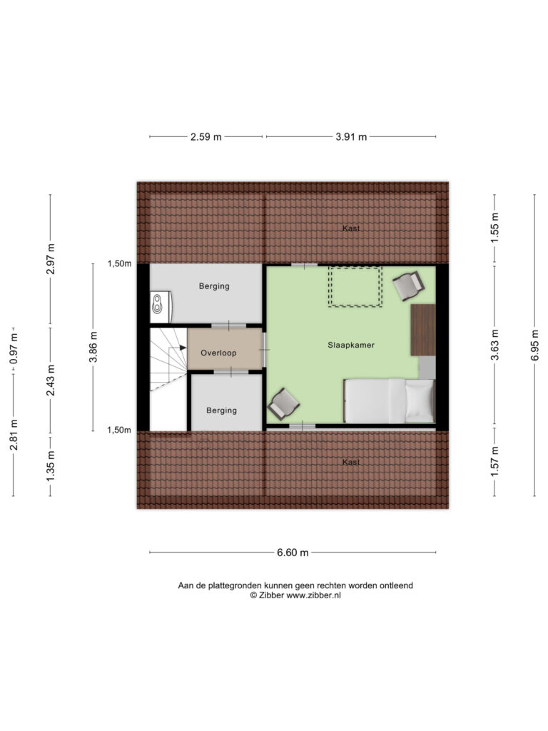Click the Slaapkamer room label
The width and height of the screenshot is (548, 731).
click(x=351, y=345)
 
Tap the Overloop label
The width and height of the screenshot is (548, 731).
click(x=218, y=353)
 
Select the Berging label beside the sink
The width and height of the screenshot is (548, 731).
click(x=214, y=286)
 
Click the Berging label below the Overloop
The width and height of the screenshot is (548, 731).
click(x=222, y=410)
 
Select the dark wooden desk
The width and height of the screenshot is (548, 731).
click(x=423, y=330)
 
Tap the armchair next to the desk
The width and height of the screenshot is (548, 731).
click(x=408, y=286)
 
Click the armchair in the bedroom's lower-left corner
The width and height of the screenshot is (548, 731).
click(x=283, y=404)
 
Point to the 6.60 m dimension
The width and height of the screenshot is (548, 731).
click(x=293, y=553)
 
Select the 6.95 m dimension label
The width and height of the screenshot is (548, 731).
click(x=535, y=345)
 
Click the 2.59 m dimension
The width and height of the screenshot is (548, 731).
click(x=206, y=137)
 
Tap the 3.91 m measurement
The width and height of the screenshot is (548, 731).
click(x=351, y=137)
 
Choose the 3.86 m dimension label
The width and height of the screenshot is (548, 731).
click(x=93, y=347)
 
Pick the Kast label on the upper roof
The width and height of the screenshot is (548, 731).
click(x=351, y=228)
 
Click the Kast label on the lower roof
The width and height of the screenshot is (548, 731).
click(x=351, y=462)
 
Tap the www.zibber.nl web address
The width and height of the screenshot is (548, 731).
click(x=314, y=595)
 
